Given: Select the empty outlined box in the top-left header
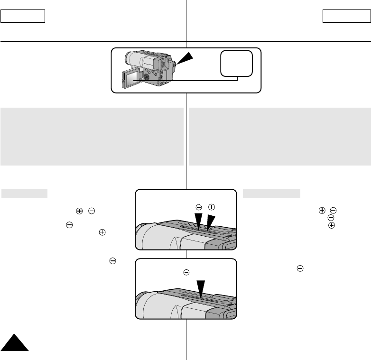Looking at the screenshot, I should coord(23,17).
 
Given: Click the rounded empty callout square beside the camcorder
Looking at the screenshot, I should coord(236,63).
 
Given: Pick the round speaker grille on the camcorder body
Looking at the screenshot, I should coord(147,76).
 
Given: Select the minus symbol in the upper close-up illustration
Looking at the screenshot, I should coord(199,207).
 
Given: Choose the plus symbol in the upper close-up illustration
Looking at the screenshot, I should coord(212,207).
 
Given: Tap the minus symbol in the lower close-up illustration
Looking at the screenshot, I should coord(186,273).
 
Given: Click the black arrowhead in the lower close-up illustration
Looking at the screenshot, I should coord(202,289).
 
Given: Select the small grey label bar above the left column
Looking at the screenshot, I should coord(24,194).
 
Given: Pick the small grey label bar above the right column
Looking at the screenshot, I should coord(271,194).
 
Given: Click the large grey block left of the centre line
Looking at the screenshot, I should coord(92,136).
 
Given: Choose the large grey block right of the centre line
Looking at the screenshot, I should coord(279,136).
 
